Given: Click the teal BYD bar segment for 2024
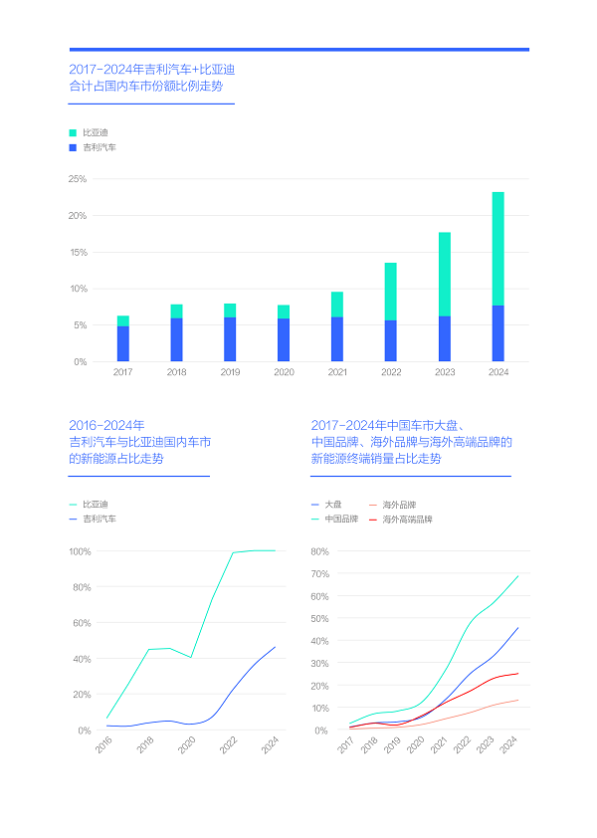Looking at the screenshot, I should click(x=497, y=249).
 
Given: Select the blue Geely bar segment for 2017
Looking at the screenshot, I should click(x=122, y=343).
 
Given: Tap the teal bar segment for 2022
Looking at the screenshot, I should click(x=390, y=292).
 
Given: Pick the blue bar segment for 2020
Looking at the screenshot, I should click(x=284, y=339).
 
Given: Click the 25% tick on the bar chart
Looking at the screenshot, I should click(x=78, y=179).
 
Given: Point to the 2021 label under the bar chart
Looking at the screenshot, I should click(x=337, y=372).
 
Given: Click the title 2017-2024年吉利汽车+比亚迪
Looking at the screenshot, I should click(x=151, y=70).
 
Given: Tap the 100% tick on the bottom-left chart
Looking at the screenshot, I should click(x=80, y=551).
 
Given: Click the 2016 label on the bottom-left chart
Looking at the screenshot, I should click(x=104, y=743).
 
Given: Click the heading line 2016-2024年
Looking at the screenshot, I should click(x=106, y=425).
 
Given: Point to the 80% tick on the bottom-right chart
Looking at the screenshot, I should click(x=319, y=551).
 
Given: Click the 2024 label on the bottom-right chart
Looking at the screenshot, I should click(x=509, y=743).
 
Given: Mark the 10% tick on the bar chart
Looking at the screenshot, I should click(x=78, y=289).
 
